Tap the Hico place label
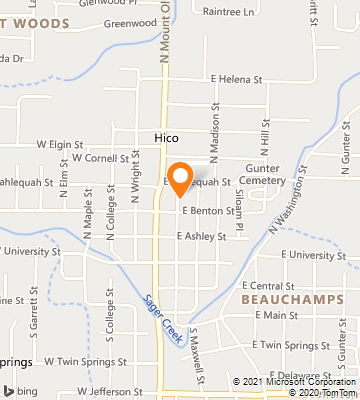[x=166, y=136]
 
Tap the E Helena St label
[x=235, y=79]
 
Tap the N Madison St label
[x=213, y=120]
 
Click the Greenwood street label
[x=124, y=22]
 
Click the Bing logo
[x=22, y=390]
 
